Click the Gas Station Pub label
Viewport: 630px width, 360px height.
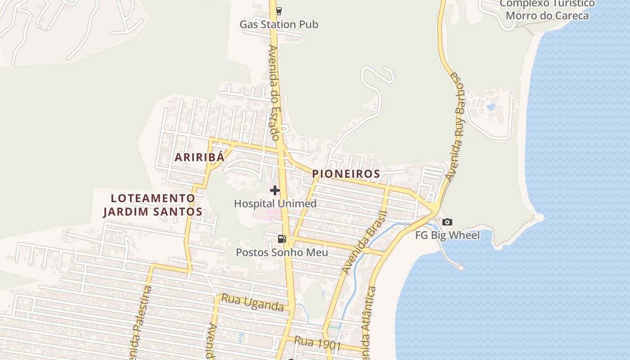[279, 24]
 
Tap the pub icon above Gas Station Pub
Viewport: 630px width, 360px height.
[279, 10]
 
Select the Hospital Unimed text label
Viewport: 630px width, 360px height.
[275, 203]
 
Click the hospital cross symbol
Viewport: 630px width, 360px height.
[274, 190]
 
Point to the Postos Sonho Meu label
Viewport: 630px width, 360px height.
[282, 252]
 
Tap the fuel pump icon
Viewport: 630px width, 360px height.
[282, 239]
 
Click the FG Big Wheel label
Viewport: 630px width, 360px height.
[447, 235]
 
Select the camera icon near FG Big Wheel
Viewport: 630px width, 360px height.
[447, 222]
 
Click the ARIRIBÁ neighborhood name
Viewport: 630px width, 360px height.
[199, 157]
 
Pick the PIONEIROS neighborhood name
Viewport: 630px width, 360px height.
[346, 173]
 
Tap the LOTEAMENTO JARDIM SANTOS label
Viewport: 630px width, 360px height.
[153, 205]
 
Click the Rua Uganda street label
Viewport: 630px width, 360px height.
[252, 302]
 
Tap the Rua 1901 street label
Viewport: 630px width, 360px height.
[317, 343]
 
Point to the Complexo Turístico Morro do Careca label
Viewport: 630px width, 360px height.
[547, 10]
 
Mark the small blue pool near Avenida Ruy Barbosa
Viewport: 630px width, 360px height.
[491, 107]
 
